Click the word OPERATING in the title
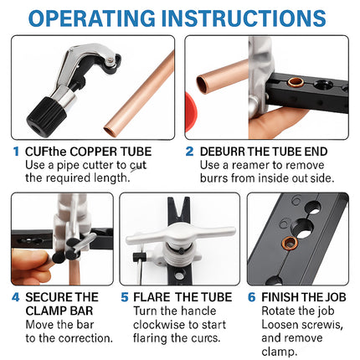[92, 18]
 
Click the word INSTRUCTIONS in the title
[244, 18]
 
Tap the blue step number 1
[16, 152]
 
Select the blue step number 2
[189, 152]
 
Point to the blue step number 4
[16, 297]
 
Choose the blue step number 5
[125, 297]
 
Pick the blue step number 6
[251, 297]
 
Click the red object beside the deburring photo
[191, 112]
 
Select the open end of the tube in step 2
[202, 85]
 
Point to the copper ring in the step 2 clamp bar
[296, 82]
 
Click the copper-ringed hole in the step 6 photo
[289, 244]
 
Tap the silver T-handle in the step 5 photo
[181, 234]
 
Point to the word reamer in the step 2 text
[250, 166]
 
